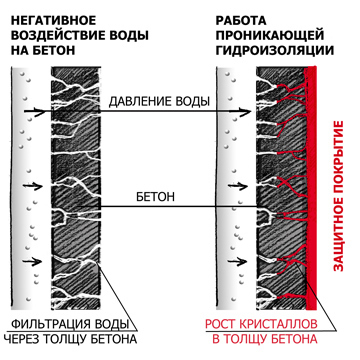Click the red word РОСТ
[x=226, y=325]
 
